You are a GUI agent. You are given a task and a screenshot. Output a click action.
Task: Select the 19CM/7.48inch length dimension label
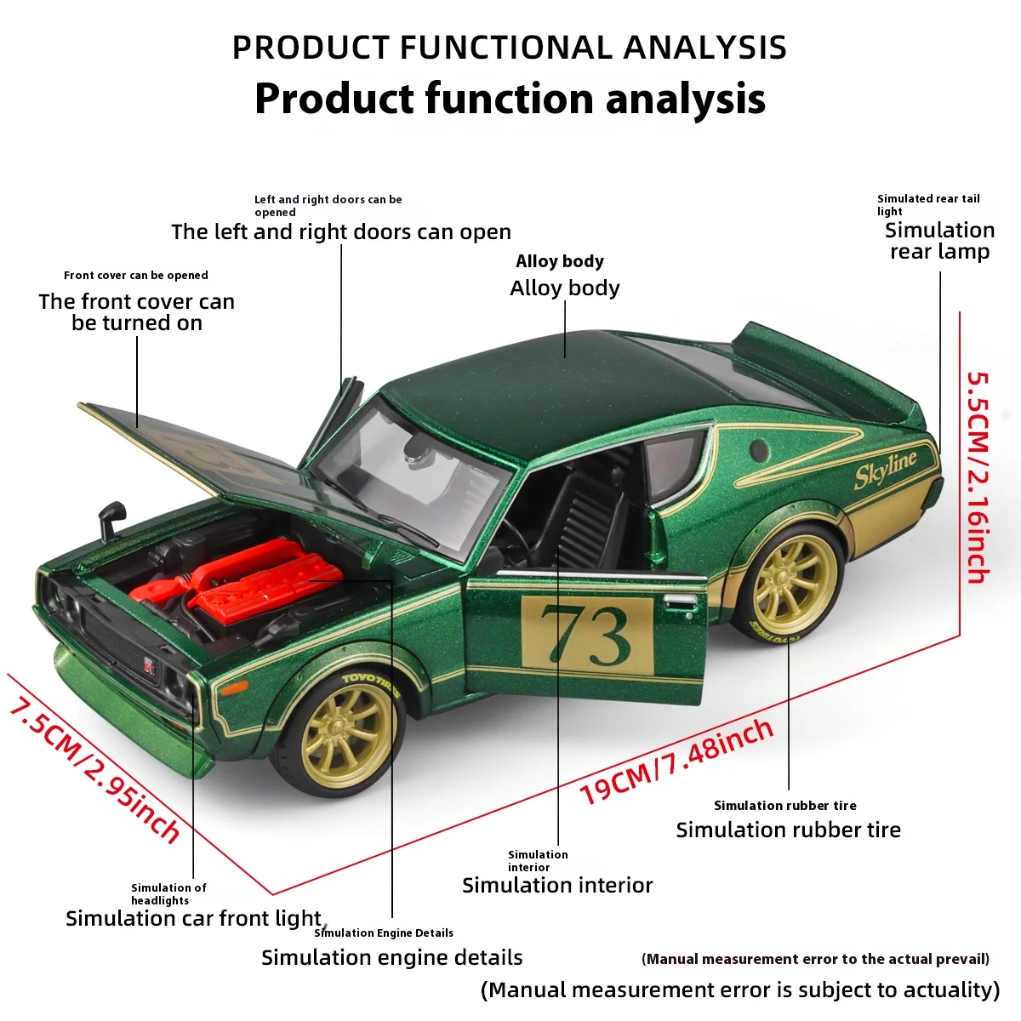click(x=676, y=762)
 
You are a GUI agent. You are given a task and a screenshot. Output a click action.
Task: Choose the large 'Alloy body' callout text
click(x=565, y=288)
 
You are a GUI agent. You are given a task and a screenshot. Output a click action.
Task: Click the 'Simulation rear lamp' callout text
click(x=939, y=241)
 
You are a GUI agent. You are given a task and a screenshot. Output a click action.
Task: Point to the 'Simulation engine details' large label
click(x=391, y=958)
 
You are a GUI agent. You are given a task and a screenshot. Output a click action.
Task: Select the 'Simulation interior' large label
click(x=557, y=886)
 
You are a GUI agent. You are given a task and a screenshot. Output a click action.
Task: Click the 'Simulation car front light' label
click(x=194, y=919)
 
